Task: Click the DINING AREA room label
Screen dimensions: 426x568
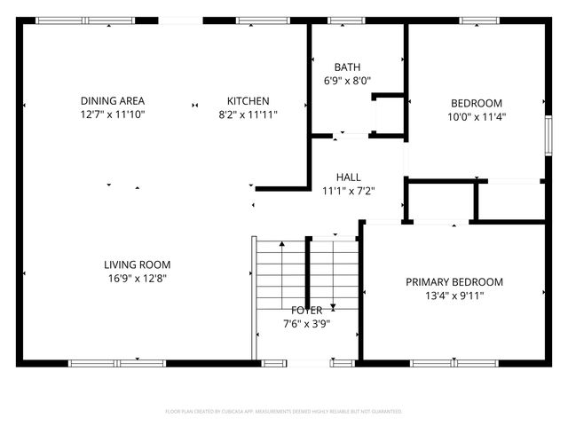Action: point(113,101)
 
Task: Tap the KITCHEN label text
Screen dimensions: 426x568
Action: point(248,101)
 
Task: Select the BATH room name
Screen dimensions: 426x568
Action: point(347,67)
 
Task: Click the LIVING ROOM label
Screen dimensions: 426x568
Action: point(137,264)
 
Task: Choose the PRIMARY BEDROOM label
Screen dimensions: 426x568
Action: point(454,282)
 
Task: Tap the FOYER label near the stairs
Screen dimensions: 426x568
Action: point(307,311)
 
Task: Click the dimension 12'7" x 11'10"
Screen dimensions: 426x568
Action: point(113,114)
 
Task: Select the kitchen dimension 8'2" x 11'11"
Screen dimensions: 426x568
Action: point(248,114)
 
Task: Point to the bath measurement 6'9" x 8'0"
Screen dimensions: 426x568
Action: point(347,81)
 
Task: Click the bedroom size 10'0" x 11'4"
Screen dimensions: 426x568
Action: point(477,116)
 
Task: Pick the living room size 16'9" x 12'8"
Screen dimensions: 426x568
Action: point(137,278)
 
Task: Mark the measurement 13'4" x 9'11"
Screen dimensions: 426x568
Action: point(454,296)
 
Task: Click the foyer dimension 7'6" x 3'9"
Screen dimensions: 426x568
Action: point(307,324)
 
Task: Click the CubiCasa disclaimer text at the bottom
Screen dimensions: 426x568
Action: point(284,412)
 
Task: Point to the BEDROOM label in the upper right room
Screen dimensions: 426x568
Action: point(477,103)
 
